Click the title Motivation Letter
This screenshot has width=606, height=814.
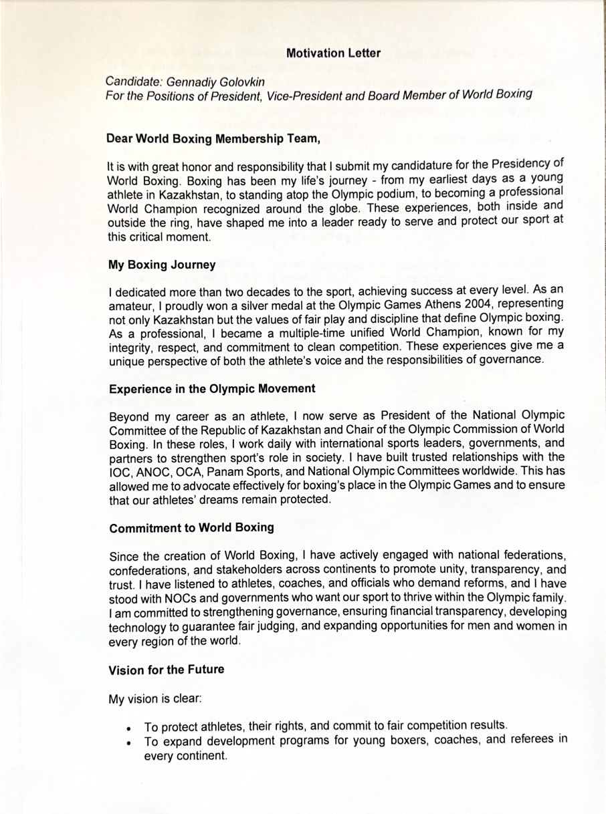333,53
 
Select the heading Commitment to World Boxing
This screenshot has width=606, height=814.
191,527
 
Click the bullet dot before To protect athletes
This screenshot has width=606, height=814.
129,727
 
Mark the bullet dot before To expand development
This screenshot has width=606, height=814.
129,742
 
